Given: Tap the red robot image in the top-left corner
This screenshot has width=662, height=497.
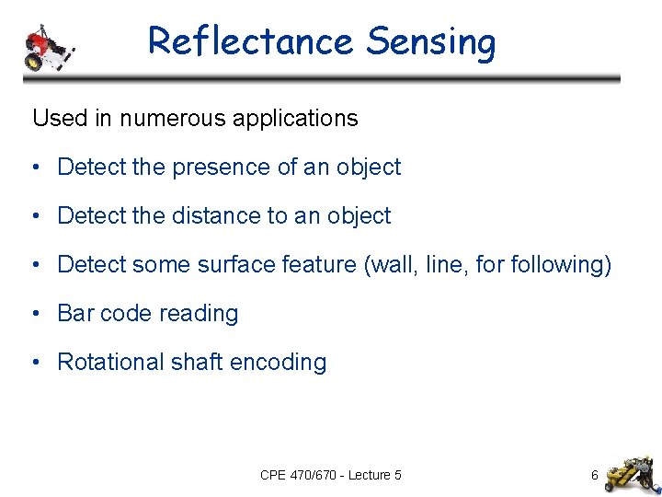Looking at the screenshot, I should pyautogui.click(x=47, y=46).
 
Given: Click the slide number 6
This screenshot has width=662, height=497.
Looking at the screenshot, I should pyautogui.click(x=594, y=476).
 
